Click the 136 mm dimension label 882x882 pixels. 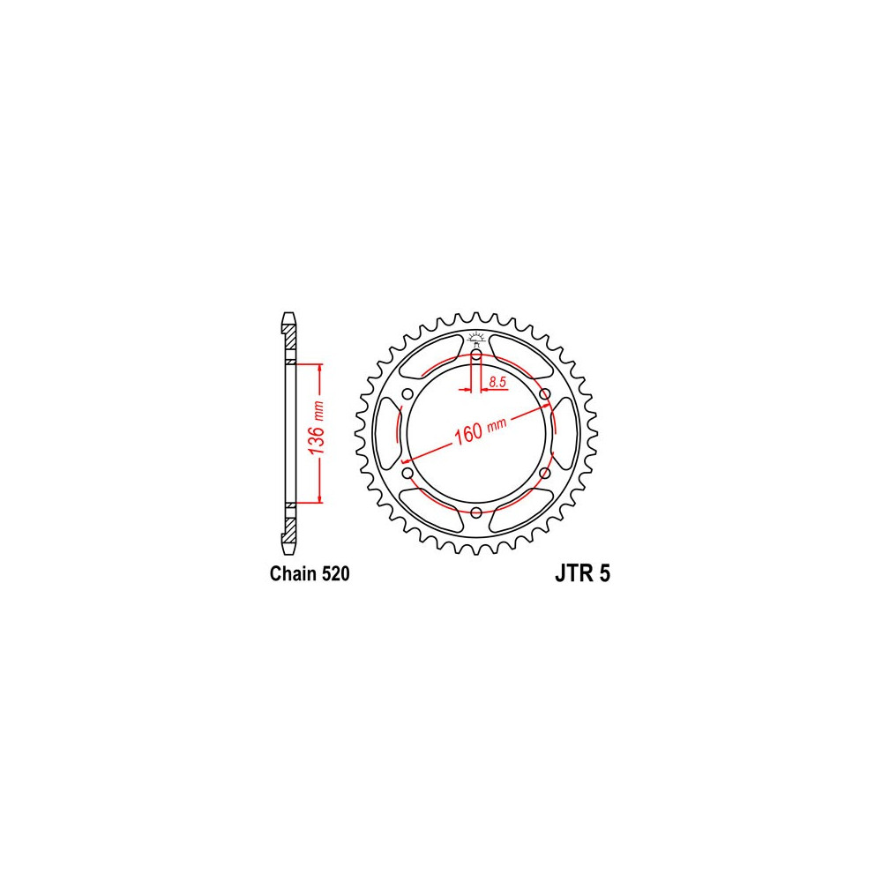pyautogui.click(x=317, y=428)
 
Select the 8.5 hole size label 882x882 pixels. pyautogui.click(x=497, y=383)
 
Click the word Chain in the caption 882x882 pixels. pyautogui.click(x=294, y=574)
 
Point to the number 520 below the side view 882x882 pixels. pyautogui.click(x=336, y=574)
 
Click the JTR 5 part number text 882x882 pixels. pyautogui.click(x=582, y=574)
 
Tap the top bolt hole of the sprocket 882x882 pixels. pyautogui.click(x=476, y=355)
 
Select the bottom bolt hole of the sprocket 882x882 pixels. pyautogui.click(x=476, y=512)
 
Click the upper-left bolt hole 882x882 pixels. pyautogui.click(x=407, y=393)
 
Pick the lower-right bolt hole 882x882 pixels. pyautogui.click(x=544, y=473)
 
